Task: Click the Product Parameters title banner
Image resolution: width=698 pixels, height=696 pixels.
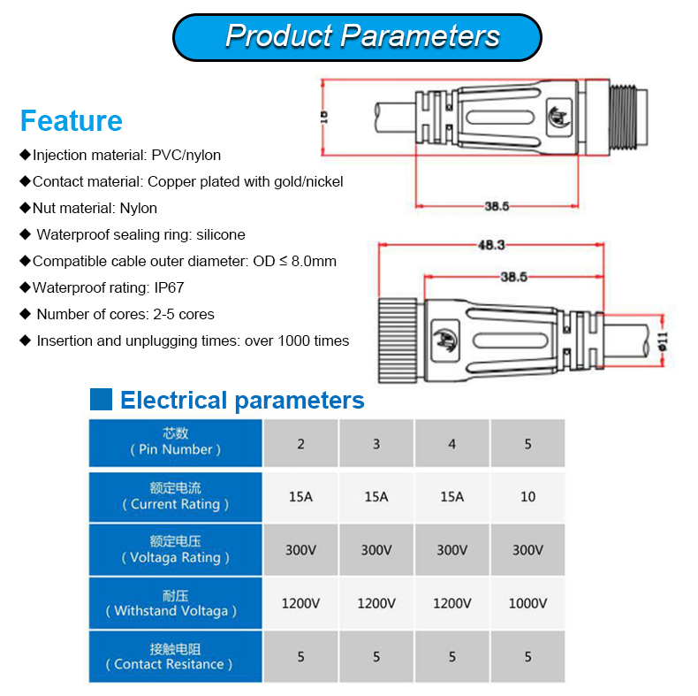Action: [x=357, y=36]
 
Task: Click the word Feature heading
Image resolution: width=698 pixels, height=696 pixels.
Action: [x=71, y=120]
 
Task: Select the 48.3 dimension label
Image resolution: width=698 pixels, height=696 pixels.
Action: [x=491, y=245]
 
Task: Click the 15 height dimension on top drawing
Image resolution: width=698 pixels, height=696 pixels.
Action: [x=323, y=116]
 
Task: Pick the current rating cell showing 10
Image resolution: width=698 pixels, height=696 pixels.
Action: [x=527, y=496]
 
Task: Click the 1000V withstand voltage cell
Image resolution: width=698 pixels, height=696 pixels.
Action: [x=527, y=603]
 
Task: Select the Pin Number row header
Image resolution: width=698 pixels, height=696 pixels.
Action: [x=175, y=441]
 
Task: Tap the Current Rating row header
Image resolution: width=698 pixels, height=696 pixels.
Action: [x=175, y=496]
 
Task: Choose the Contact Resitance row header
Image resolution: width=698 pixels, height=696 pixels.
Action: [x=175, y=656]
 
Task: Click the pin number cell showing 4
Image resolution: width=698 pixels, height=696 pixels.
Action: [x=451, y=443]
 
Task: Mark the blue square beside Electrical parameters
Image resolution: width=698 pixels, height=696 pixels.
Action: [x=101, y=400]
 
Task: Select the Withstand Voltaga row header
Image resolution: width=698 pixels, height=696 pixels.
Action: [x=175, y=603]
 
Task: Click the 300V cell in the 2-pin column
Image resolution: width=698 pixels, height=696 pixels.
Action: [x=300, y=550]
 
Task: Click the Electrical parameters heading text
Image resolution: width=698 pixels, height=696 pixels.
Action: [x=242, y=401]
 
